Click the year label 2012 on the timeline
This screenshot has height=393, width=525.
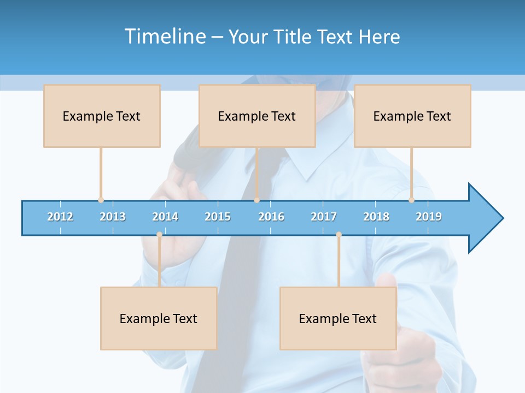[x=60, y=217]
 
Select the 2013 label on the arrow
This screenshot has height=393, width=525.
[x=113, y=217]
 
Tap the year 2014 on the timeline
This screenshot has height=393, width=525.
[x=165, y=217]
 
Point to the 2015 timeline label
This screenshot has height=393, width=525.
[x=218, y=217]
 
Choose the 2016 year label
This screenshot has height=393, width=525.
[x=271, y=217]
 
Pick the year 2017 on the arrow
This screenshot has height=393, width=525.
[x=324, y=217]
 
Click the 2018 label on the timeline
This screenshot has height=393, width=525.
[x=376, y=217]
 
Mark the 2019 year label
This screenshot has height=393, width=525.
[x=429, y=217]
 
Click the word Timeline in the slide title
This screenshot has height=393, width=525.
[x=164, y=37]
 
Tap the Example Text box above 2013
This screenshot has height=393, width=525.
[x=102, y=116]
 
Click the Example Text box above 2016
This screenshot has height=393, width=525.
[x=257, y=116]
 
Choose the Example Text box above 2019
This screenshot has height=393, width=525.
[x=412, y=116]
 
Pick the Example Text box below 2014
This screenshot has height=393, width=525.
[x=159, y=318]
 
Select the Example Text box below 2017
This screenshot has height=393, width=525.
[x=338, y=318]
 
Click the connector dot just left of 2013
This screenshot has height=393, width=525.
[x=101, y=200]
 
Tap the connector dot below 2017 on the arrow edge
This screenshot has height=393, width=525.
[x=339, y=234]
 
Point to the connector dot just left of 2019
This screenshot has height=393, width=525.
[x=411, y=200]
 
